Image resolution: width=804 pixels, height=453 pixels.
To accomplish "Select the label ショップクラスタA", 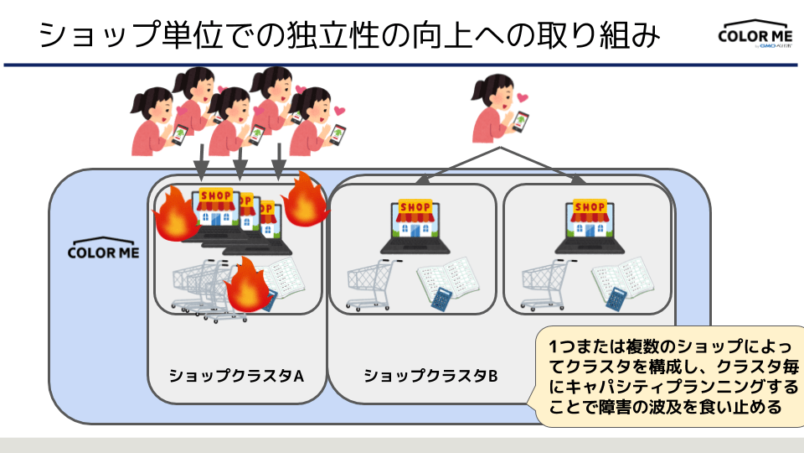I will tap(235, 375).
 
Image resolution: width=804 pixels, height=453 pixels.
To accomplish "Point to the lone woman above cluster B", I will tap(496, 109).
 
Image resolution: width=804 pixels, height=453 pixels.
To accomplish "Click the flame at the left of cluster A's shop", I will tap(174, 213).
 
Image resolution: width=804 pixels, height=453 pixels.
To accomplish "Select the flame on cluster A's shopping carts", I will tap(248, 286).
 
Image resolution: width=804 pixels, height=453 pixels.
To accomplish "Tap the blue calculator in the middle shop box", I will tap(441, 299).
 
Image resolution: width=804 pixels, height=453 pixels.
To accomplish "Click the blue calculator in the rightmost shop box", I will tap(616, 299).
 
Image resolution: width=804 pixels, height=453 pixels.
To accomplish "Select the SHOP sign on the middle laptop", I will tap(415, 207).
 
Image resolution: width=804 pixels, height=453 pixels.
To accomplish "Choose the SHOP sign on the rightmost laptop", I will tap(590, 207).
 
